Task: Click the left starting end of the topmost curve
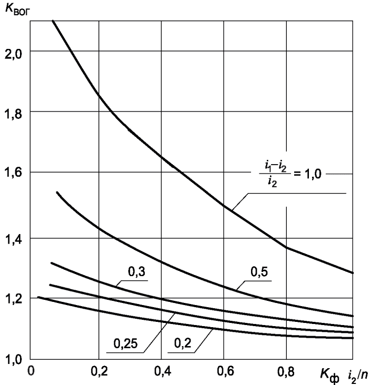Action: tap(53, 21)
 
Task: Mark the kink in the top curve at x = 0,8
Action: tap(286, 247)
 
